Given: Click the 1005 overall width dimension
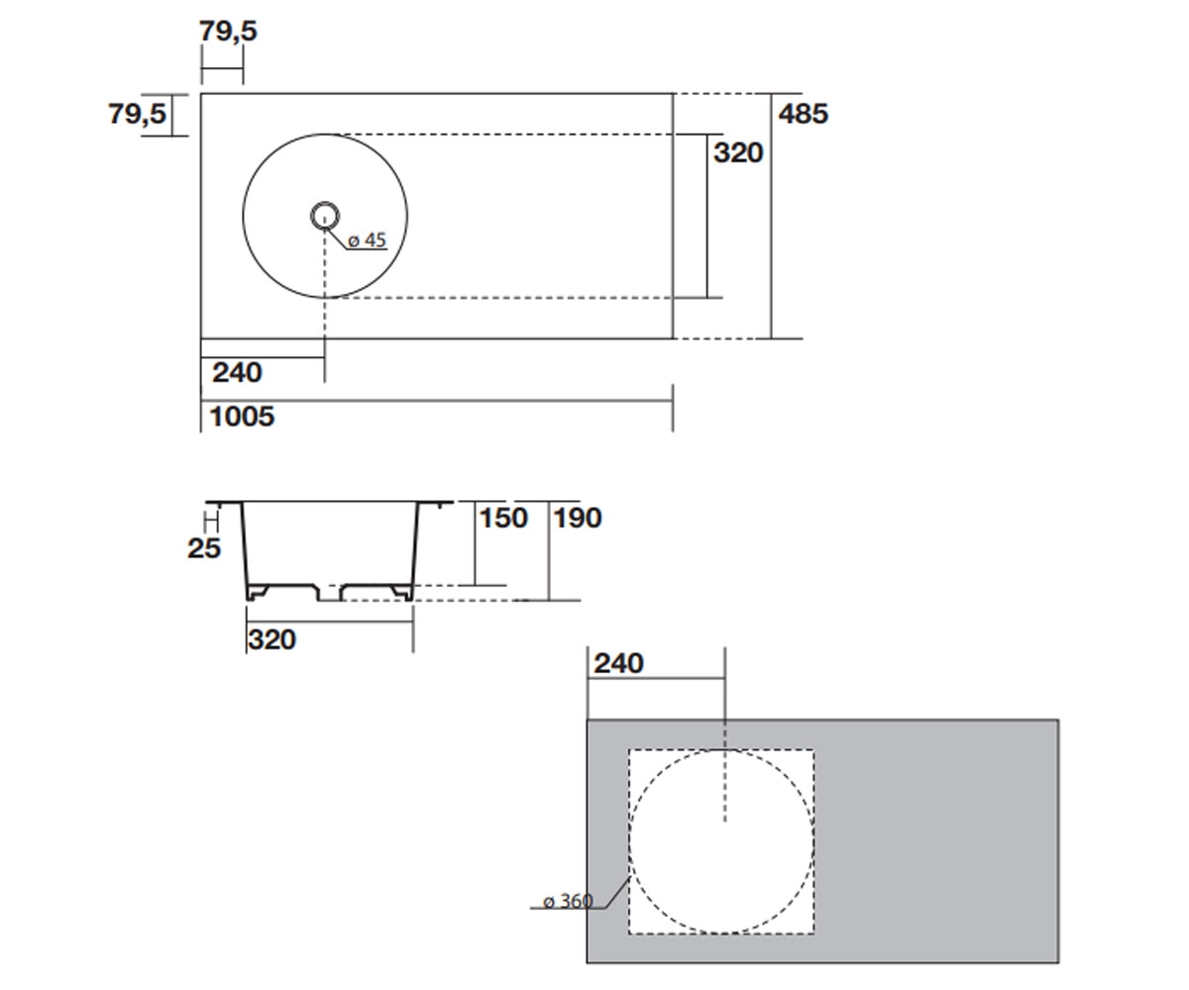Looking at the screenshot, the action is [x=242, y=417].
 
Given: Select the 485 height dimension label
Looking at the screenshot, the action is [x=803, y=114].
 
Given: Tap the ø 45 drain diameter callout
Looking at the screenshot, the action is [x=367, y=241].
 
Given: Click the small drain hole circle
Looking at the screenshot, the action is [x=325, y=216].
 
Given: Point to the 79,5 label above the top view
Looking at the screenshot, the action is [x=228, y=31].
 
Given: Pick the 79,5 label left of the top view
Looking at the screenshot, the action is [x=138, y=114].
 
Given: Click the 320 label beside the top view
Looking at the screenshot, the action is [x=738, y=153].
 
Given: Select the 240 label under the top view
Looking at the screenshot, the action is [x=237, y=373].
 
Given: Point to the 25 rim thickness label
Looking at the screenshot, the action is [x=204, y=548].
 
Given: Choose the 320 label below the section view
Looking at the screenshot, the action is [x=271, y=641].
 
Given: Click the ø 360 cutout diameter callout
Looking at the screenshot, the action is [x=568, y=901].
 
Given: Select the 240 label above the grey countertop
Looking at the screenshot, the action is [x=618, y=663].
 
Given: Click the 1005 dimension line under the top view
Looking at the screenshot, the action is [x=437, y=401].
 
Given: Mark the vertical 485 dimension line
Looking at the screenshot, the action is [x=772, y=216].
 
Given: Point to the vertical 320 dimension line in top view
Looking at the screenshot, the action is [x=706, y=216].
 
